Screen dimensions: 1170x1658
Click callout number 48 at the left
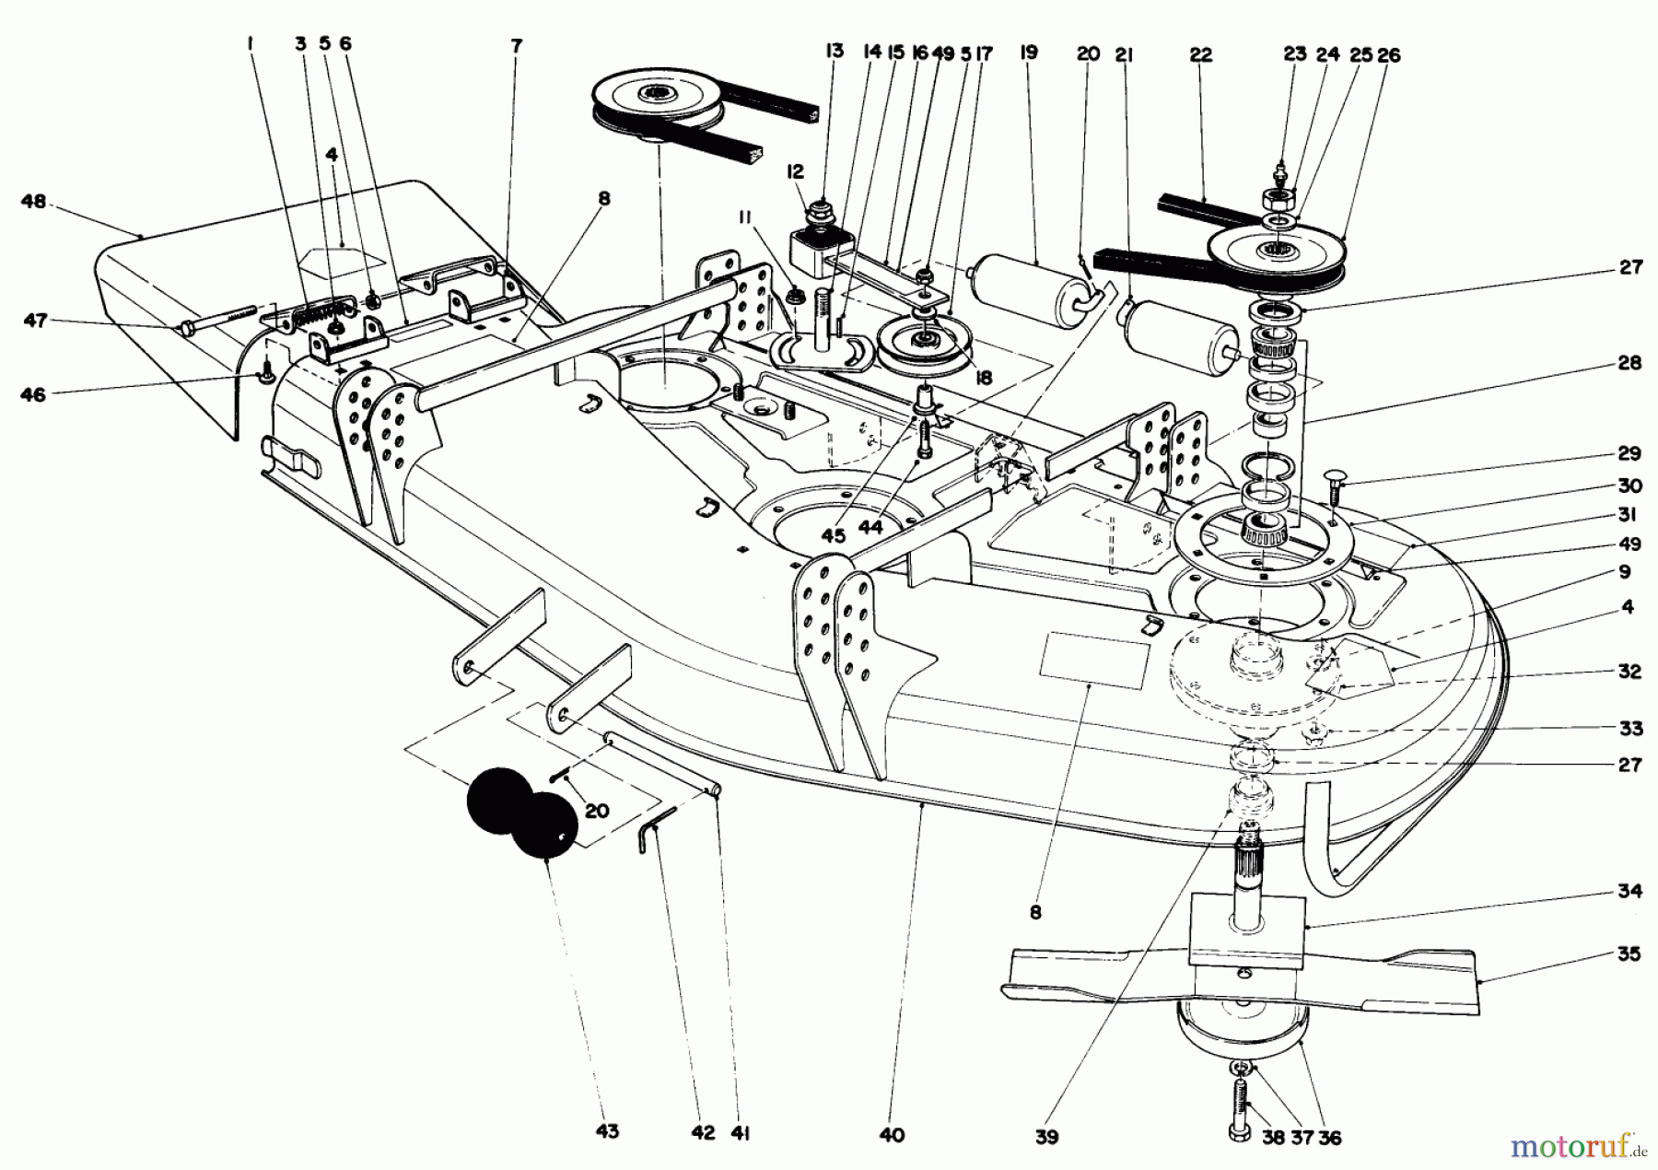point(33,201)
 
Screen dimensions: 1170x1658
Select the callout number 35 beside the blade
point(1629,954)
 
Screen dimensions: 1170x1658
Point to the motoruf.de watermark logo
point(1576,1148)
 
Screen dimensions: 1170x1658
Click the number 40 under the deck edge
point(892,1135)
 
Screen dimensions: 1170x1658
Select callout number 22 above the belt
point(1199,55)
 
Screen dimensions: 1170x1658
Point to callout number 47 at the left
point(34,321)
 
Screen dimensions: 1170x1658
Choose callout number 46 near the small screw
point(33,394)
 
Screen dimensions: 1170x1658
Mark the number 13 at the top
point(834,52)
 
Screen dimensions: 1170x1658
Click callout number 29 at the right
point(1629,453)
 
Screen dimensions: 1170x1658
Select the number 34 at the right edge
point(1629,891)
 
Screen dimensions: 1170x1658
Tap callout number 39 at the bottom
point(1045,1137)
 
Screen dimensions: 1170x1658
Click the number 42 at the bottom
point(703,1133)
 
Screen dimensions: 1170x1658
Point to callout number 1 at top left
point(250,42)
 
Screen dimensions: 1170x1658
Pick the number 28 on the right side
point(1629,363)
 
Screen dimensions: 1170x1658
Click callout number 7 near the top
point(516,44)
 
